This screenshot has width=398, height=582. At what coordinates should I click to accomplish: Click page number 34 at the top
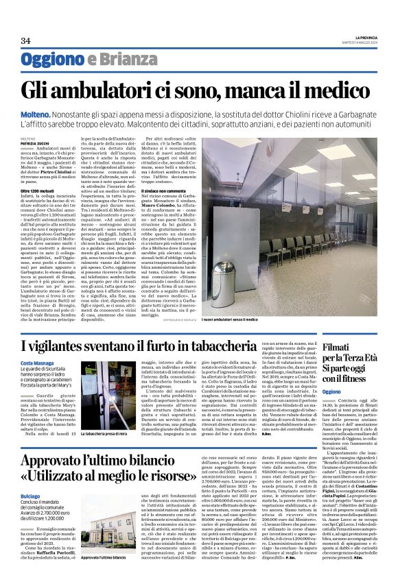pyautogui.click(x=26, y=40)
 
